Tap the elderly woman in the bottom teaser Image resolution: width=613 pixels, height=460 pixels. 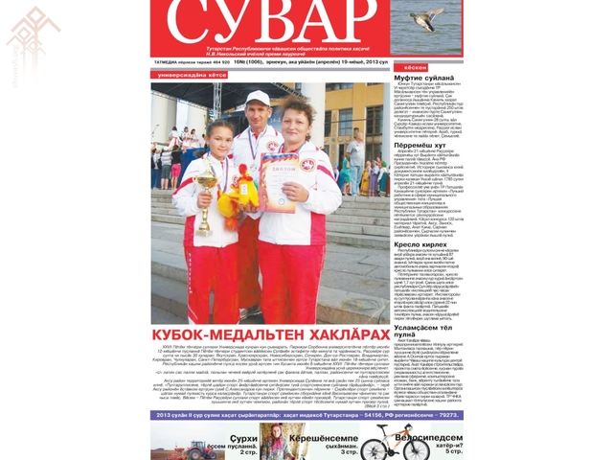277,442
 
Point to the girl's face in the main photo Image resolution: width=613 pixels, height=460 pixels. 219,134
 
